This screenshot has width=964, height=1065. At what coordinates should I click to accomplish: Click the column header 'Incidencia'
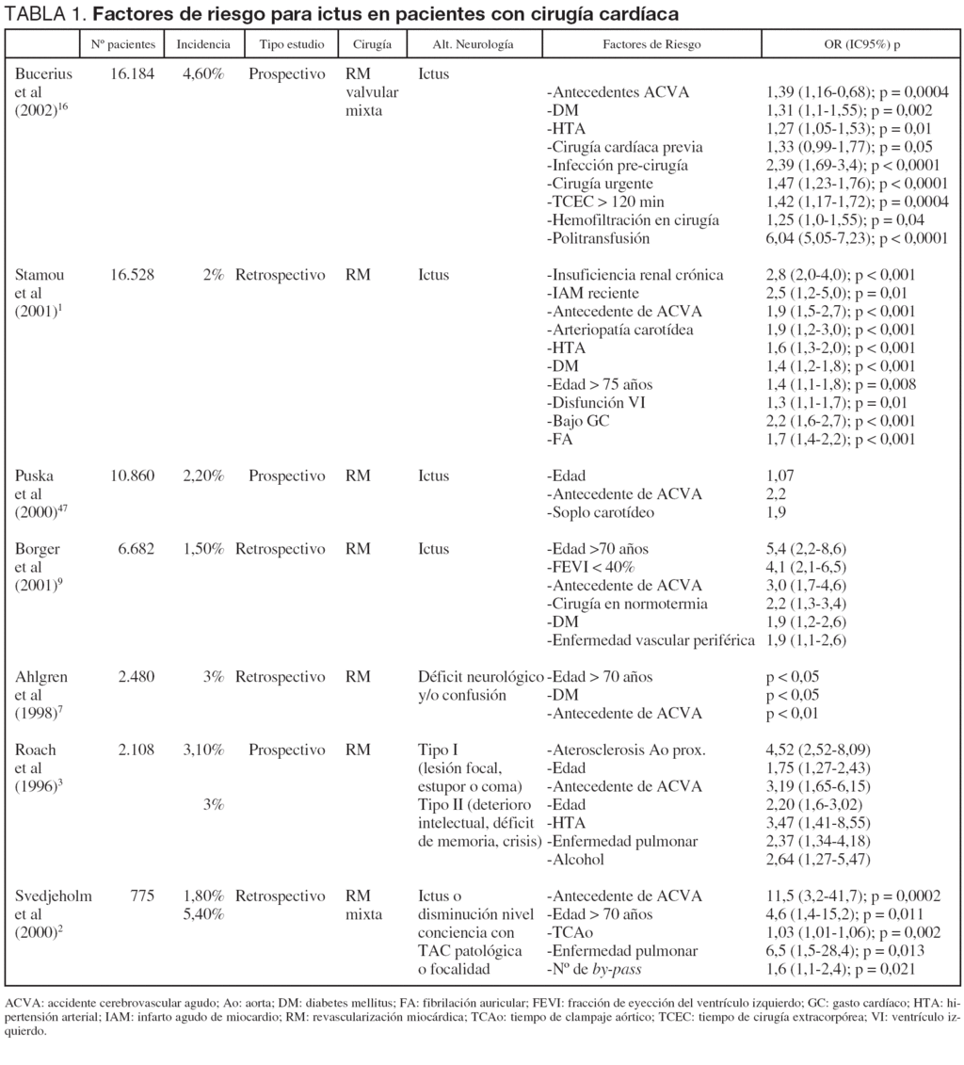pyautogui.click(x=202, y=44)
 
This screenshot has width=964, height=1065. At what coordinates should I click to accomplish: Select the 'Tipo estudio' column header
pyautogui.click(x=285, y=44)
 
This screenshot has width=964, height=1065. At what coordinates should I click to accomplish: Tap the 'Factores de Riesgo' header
pyautogui.click(x=651, y=44)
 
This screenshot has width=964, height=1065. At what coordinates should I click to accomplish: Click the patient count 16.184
pyautogui.click(x=132, y=73)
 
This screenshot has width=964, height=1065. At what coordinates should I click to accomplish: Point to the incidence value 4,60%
pyautogui.click(x=203, y=73)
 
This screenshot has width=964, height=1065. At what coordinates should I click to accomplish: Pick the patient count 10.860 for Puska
pyautogui.click(x=132, y=476)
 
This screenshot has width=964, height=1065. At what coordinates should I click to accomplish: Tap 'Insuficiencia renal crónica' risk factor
pyautogui.click(x=636, y=275)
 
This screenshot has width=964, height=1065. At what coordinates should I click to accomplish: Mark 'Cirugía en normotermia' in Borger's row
pyautogui.click(x=627, y=604)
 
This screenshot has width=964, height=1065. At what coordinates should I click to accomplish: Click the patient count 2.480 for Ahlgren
pyautogui.click(x=136, y=677)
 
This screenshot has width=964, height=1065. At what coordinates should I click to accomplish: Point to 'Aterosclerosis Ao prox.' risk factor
pyautogui.click(x=626, y=750)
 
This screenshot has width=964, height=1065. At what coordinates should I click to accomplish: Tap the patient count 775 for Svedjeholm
pyautogui.click(x=142, y=896)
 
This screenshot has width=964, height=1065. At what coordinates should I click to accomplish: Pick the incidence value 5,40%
pyautogui.click(x=203, y=913)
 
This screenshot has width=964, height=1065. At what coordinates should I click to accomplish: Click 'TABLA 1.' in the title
pyautogui.click(x=45, y=15)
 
